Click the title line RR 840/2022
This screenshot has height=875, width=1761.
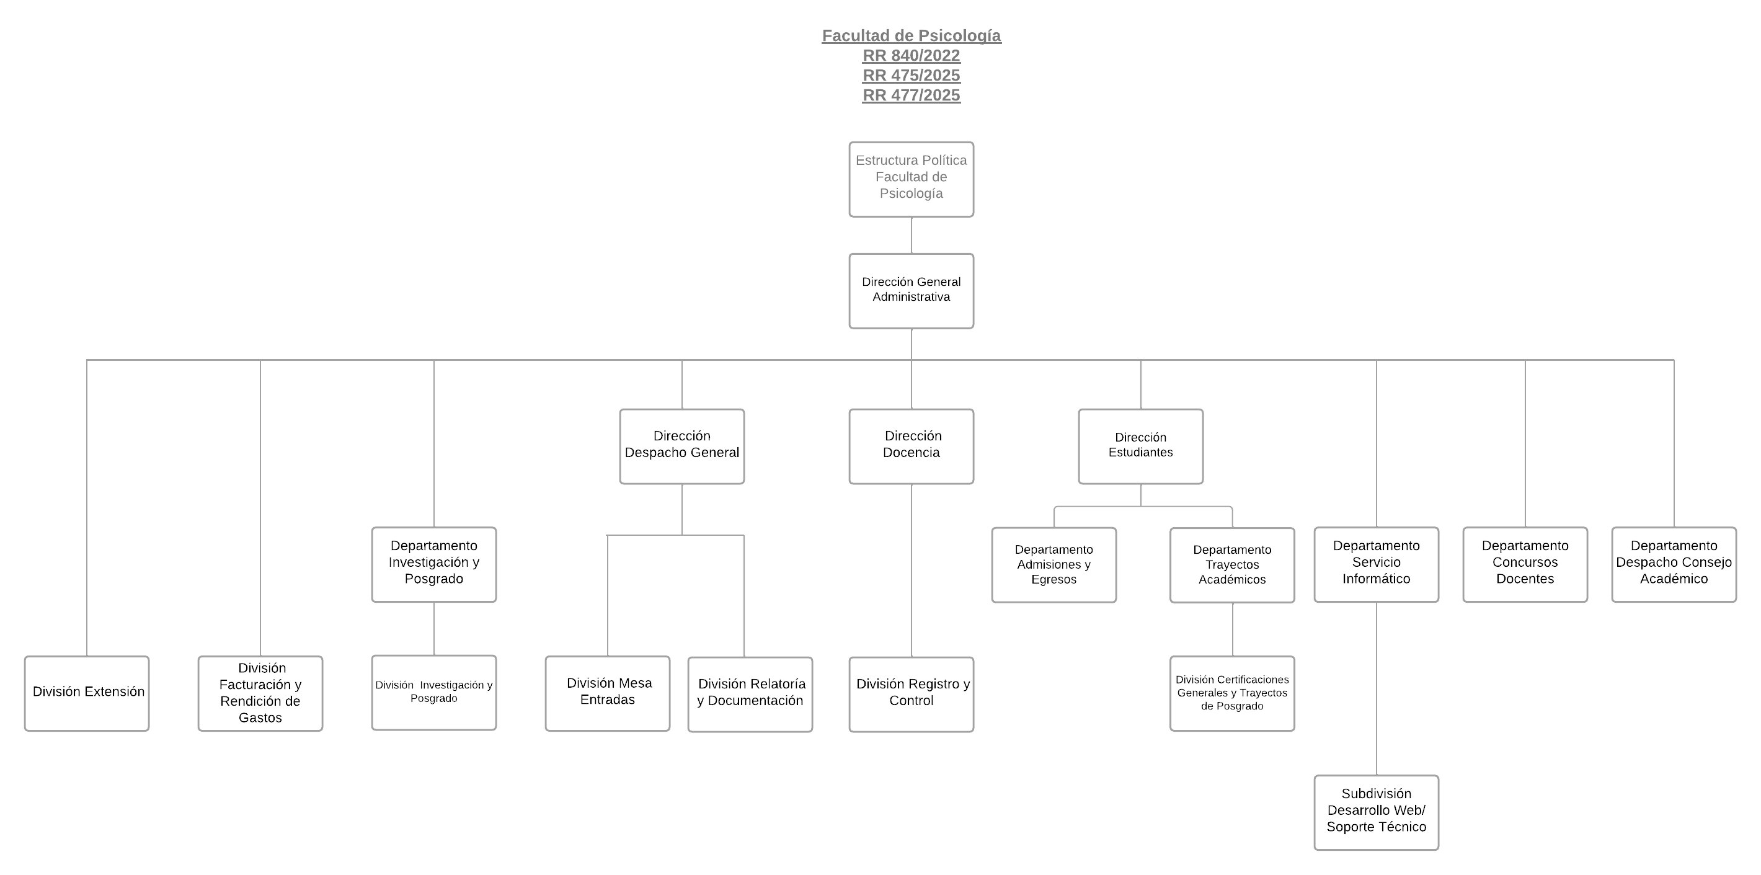[x=912, y=55]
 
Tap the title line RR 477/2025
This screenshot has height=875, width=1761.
[x=912, y=95]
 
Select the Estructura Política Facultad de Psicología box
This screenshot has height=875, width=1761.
[x=912, y=180]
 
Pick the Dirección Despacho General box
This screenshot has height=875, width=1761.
[x=681, y=446]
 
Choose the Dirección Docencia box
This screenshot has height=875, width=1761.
[x=912, y=446]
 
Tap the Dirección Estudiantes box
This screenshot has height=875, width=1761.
[x=1140, y=446]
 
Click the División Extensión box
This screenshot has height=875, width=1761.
[x=87, y=693]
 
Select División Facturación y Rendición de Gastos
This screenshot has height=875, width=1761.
[x=260, y=693]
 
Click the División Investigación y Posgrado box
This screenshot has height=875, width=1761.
[x=434, y=693]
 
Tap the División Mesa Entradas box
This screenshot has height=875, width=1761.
[x=608, y=693]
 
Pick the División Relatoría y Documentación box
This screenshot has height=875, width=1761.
[x=750, y=695]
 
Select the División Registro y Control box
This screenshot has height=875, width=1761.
[x=912, y=695]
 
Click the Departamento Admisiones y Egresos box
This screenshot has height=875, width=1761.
[x=1054, y=565]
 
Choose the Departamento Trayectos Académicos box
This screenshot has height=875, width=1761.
[x=1232, y=565]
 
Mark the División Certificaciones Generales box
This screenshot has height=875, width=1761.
[x=1232, y=693]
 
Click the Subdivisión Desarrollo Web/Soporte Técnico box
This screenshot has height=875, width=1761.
[x=1376, y=812]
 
